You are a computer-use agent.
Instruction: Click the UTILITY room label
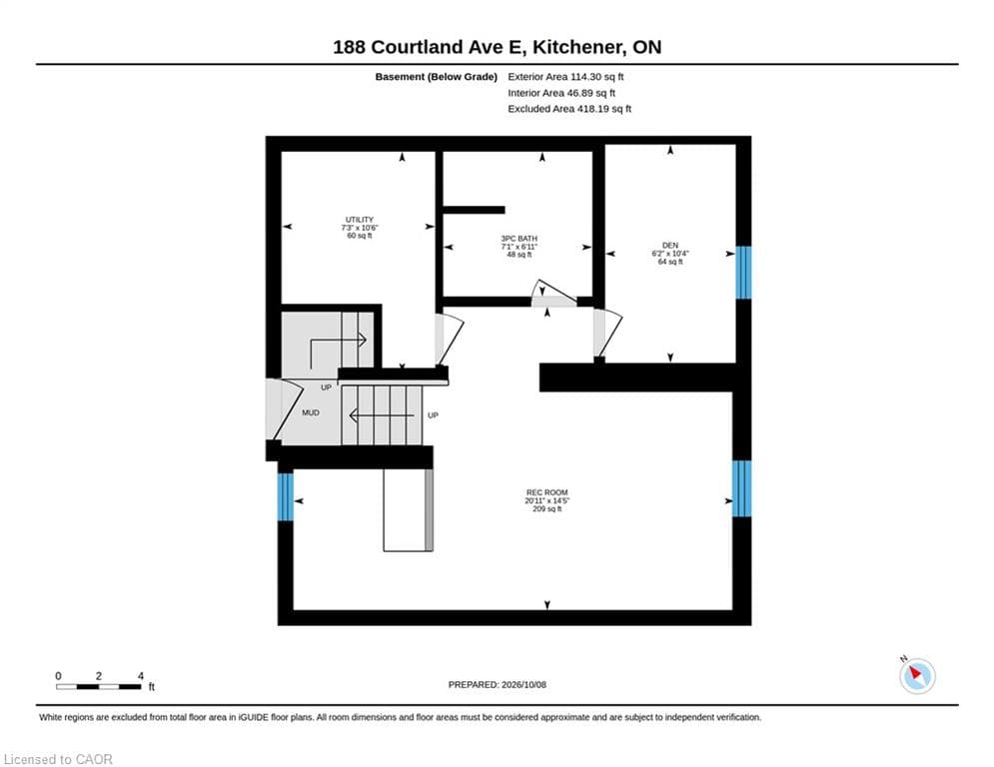(360, 220)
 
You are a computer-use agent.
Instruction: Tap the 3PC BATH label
(519, 239)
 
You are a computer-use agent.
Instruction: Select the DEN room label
(670, 246)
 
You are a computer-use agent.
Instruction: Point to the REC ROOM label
(547, 492)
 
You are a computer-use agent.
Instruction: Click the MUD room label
(311, 412)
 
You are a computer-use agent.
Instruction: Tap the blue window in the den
(743, 272)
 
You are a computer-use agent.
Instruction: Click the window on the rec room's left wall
(286, 497)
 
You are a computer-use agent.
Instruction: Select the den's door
(607, 333)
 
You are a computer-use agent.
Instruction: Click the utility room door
(450, 340)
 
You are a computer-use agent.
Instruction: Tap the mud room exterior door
(284, 408)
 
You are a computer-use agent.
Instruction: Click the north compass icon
(916, 675)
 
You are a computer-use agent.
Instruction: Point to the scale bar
(98, 686)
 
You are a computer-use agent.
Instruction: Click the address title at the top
(497, 47)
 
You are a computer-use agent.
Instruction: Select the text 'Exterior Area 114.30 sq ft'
(565, 77)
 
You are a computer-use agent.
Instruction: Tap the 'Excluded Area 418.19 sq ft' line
(569, 109)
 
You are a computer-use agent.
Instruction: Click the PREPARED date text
(497, 684)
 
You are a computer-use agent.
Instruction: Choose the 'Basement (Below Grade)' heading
(437, 77)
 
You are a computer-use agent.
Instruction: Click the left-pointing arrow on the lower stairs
(382, 415)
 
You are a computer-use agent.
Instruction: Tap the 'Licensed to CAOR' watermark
(58, 759)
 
